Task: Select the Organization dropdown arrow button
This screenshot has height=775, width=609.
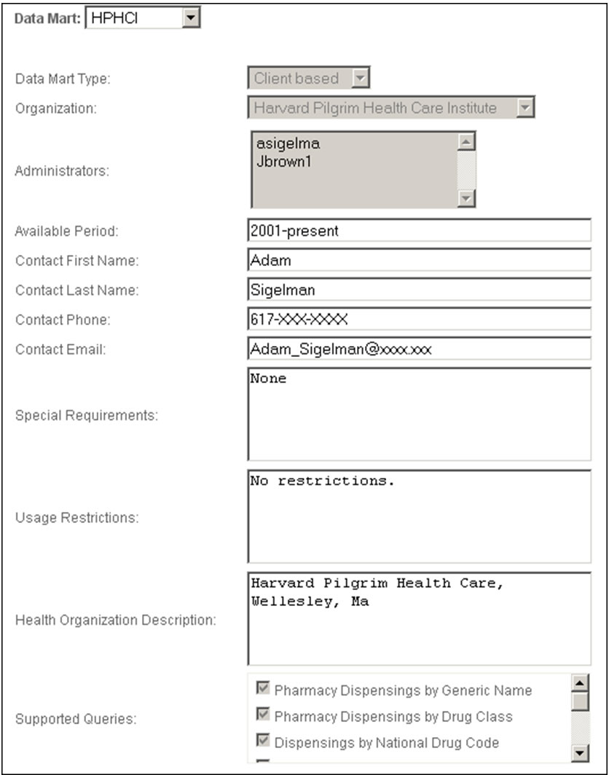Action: click(x=525, y=109)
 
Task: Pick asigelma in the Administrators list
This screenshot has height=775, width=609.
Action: click(x=278, y=143)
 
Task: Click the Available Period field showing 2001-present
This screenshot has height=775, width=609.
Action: click(x=419, y=231)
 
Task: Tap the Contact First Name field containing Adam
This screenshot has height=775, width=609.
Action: click(x=419, y=260)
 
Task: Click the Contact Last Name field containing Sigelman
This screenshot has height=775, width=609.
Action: click(x=419, y=290)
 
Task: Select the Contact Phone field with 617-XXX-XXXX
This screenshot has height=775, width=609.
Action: click(x=419, y=319)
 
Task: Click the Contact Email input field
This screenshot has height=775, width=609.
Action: click(x=419, y=349)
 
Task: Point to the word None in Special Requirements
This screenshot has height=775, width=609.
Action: click(x=268, y=379)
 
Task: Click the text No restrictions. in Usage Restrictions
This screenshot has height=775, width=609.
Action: click(x=321, y=481)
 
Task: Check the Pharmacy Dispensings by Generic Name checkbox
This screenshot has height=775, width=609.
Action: click(x=263, y=688)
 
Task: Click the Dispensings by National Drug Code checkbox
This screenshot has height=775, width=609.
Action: click(x=263, y=741)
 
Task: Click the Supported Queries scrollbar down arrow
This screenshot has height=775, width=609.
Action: click(x=580, y=753)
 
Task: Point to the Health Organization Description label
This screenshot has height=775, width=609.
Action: click(x=115, y=621)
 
